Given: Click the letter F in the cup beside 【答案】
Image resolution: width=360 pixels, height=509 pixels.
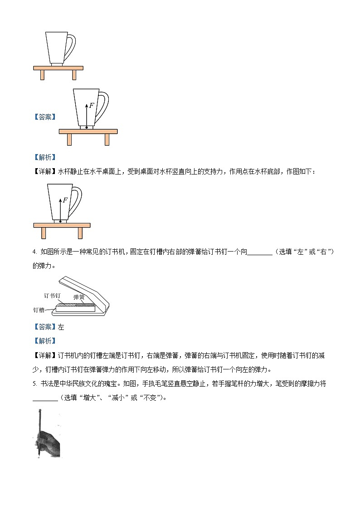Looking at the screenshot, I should [92, 106].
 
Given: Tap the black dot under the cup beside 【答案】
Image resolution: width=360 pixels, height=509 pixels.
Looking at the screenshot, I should [87, 128].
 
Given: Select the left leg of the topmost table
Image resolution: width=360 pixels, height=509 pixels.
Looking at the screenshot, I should [42, 75].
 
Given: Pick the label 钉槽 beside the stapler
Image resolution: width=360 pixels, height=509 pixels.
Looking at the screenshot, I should [39, 310].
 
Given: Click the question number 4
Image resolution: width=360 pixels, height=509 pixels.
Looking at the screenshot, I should [34, 252].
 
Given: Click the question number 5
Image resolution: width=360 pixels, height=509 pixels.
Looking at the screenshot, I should [34, 383].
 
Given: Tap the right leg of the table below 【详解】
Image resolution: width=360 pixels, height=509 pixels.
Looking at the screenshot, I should [80, 233].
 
